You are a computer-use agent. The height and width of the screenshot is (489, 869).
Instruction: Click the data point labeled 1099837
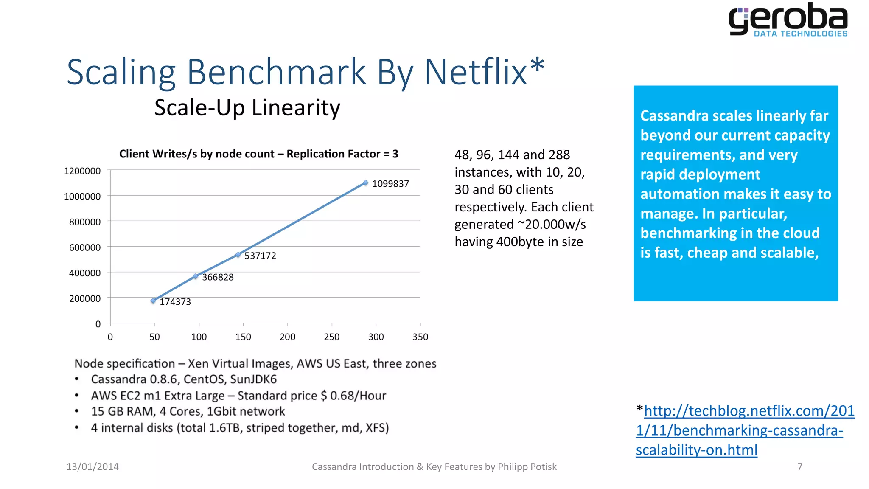pos(365,183)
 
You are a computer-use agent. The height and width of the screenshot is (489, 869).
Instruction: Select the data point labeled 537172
pos(238,255)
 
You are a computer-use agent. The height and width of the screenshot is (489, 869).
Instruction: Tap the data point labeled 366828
pos(196,276)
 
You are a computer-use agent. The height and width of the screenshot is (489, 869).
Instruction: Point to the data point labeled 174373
pos(153,301)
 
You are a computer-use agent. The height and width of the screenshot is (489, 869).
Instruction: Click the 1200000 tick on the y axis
pos(82,171)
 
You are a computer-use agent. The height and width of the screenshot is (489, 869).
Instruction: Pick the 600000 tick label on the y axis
pos(85,247)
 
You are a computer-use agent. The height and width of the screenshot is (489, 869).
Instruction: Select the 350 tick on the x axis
pos(420,337)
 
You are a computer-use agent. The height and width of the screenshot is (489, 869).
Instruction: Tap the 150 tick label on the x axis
pos(243,337)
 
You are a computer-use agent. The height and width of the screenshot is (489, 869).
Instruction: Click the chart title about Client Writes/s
pos(258,154)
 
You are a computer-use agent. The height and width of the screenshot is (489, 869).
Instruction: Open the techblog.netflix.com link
pos(745,430)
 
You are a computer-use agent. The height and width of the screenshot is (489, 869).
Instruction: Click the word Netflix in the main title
pos(477,72)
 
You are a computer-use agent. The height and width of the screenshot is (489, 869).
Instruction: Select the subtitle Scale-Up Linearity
pos(247,107)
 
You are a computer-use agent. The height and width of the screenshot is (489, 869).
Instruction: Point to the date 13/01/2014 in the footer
pos(93,467)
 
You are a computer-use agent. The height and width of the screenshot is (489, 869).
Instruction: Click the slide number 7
pos(800,467)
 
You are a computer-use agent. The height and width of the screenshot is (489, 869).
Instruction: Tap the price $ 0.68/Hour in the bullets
pos(353,396)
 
